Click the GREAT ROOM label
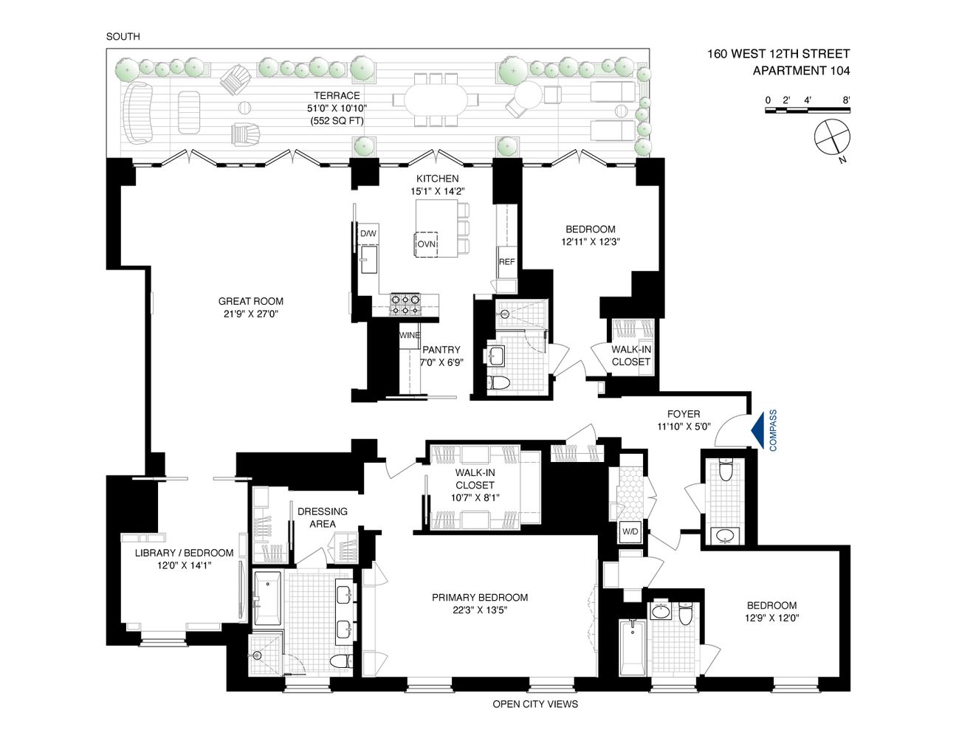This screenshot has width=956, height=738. click(250, 301)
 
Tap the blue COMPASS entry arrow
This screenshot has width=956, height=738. click(757, 430)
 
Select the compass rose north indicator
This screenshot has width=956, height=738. click(832, 138)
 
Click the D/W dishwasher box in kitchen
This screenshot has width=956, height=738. click(368, 234)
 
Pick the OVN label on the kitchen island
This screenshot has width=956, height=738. click(426, 244)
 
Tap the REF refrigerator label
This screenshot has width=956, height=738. click(506, 262)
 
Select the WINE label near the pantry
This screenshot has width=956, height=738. click(409, 336)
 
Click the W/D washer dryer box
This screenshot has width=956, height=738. click(630, 531)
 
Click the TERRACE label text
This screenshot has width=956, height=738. click(337, 96)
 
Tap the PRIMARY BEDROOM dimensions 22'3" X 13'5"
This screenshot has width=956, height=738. click(480, 610)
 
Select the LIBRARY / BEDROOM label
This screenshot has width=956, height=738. click(184, 553)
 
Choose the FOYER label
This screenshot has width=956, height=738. click(683, 414)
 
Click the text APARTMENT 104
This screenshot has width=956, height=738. click(801, 71)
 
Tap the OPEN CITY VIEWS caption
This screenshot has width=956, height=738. click(535, 704)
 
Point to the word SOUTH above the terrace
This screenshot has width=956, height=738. click(123, 36)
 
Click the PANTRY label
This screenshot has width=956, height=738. click(441, 350)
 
